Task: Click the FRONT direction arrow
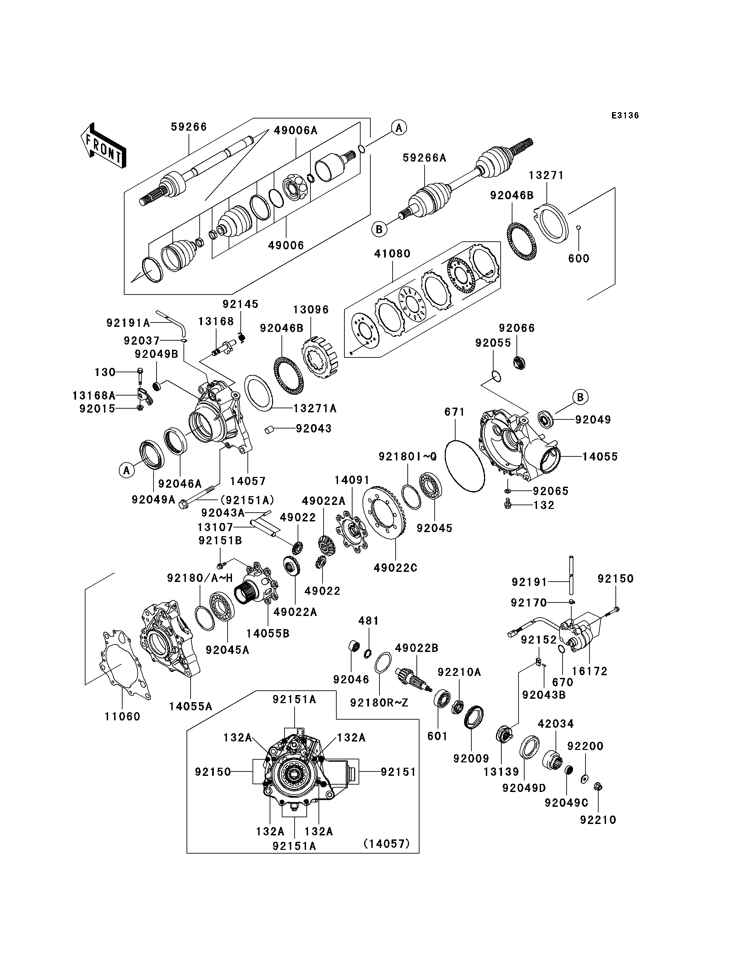(103, 145)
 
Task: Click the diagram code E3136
(625, 115)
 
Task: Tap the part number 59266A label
(424, 158)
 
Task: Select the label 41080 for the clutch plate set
(392, 254)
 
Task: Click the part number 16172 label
(590, 671)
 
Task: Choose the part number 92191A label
(128, 323)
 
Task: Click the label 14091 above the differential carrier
(352, 480)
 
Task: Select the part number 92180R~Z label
(379, 703)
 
